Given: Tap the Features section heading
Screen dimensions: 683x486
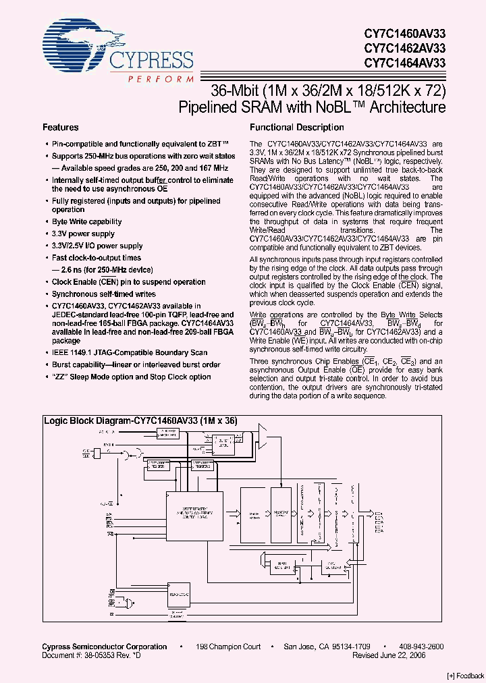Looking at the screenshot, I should [61, 128].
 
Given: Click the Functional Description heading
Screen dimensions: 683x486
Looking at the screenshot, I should [297, 128].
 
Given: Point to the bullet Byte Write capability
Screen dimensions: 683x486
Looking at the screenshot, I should [87, 221].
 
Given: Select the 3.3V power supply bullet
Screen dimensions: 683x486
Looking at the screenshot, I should [83, 234].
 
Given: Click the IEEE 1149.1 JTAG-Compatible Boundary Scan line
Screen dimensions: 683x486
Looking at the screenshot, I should [130, 353].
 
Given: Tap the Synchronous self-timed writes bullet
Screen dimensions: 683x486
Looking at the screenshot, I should [104, 294].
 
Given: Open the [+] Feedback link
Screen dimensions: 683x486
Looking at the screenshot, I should [465, 676].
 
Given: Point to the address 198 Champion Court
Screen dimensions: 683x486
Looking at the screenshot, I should [228, 647].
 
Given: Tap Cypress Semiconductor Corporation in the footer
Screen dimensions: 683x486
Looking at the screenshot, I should [105, 647].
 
